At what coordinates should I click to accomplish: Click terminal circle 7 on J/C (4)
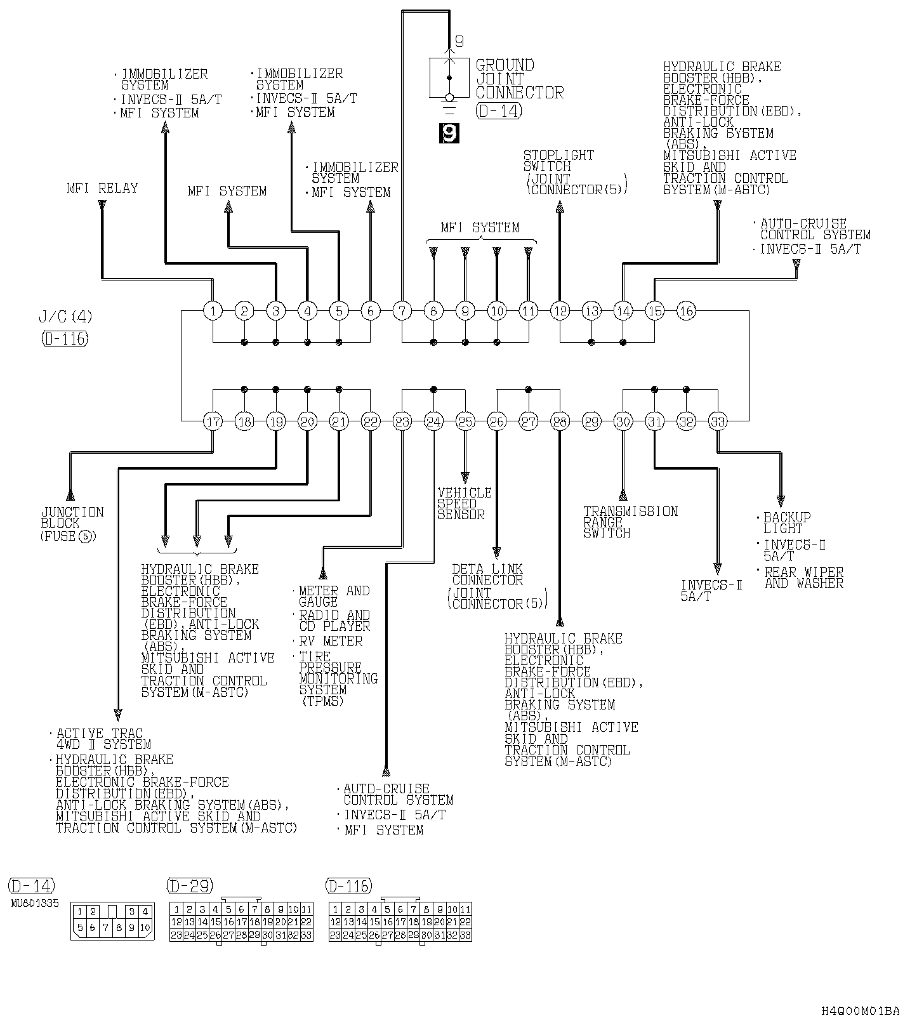click(x=402, y=311)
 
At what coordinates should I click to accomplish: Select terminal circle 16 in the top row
click(x=686, y=311)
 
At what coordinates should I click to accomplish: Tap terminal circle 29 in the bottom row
click(x=591, y=421)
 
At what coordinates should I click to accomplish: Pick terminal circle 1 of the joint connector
click(x=213, y=311)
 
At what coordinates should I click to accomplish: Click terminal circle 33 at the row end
click(x=717, y=421)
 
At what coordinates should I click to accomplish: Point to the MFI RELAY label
click(x=102, y=188)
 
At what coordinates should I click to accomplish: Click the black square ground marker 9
click(x=449, y=133)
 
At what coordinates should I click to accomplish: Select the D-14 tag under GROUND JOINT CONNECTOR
click(x=498, y=111)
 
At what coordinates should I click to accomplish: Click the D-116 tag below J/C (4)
click(x=64, y=338)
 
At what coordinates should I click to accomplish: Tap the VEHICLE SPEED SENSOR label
click(x=465, y=503)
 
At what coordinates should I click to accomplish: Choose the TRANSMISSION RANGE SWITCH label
click(x=630, y=522)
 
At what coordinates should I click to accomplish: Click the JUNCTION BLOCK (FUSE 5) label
click(x=72, y=524)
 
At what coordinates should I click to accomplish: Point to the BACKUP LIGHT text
click(x=787, y=523)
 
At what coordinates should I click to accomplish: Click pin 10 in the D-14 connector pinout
click(x=145, y=927)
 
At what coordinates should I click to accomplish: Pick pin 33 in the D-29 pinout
click(x=306, y=935)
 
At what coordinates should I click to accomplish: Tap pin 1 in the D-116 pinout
click(x=335, y=909)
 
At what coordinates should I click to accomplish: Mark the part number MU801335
click(x=34, y=903)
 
